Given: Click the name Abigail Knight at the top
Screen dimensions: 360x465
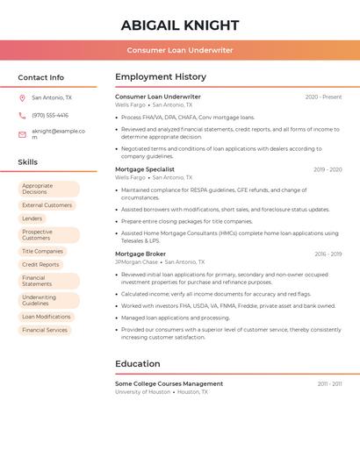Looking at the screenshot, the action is (x=179, y=25).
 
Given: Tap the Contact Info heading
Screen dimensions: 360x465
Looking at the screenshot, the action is (x=40, y=77).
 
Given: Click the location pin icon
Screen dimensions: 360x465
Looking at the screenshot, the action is (x=22, y=98).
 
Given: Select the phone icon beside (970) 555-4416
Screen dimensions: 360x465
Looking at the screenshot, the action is (x=22, y=115).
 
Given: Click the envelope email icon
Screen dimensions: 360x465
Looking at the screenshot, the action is (x=22, y=134).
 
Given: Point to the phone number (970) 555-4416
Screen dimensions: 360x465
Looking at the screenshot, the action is (x=50, y=115).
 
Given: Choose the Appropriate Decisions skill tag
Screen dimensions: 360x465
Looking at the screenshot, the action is (x=48, y=189).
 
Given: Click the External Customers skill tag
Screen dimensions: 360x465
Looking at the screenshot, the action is (x=47, y=205).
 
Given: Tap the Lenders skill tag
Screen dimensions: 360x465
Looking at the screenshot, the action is (x=32, y=218).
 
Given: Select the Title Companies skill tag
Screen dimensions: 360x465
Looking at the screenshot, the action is (x=43, y=251).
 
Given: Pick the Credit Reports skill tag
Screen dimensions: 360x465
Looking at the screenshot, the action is (x=40, y=264).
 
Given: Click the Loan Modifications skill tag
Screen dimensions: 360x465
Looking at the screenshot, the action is (x=47, y=317).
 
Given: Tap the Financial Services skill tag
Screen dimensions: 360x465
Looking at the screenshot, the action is (x=45, y=330).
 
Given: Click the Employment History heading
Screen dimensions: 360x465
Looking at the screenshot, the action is (x=161, y=77).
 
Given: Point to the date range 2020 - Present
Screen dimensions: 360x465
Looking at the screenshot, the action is (x=323, y=97).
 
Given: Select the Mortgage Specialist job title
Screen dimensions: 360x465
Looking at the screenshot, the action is (x=145, y=169).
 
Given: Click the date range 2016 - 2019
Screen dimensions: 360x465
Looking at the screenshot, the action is (x=328, y=254).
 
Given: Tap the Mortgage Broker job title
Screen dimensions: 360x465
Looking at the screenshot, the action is (x=140, y=254).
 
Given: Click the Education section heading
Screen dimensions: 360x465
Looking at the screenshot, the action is (x=138, y=364).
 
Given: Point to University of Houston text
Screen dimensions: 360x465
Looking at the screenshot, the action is (x=142, y=392).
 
